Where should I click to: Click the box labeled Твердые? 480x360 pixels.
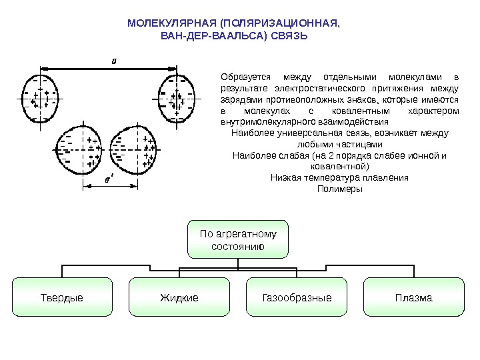62,297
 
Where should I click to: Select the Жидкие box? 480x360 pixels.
179,297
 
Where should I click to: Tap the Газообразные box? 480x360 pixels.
297,297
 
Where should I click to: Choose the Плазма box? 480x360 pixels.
413,297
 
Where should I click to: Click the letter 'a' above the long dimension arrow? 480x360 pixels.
113,60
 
